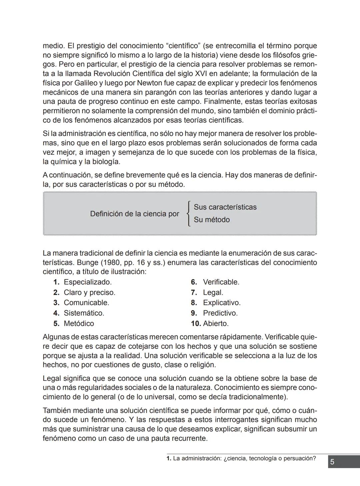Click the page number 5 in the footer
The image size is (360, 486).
pyautogui.click(x=332, y=462)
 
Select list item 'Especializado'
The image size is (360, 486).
pyautogui.click(x=87, y=282)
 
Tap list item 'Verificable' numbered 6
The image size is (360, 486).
pyautogui.click(x=221, y=282)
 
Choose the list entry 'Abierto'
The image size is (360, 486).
pyautogui.click(x=216, y=323)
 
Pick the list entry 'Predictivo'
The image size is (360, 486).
pyautogui.click(x=220, y=313)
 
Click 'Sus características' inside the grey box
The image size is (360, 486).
pyautogui.click(x=225, y=207)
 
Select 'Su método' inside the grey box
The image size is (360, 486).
pyautogui.click(x=212, y=220)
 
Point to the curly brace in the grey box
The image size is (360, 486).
pyautogui.click(x=189, y=214)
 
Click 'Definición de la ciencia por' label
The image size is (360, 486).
pyautogui.click(x=135, y=214)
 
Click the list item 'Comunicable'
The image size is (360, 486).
pyautogui.click(x=86, y=303)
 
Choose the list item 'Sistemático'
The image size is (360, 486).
pyautogui.click(x=84, y=313)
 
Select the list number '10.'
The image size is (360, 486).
pyautogui.click(x=196, y=323)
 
